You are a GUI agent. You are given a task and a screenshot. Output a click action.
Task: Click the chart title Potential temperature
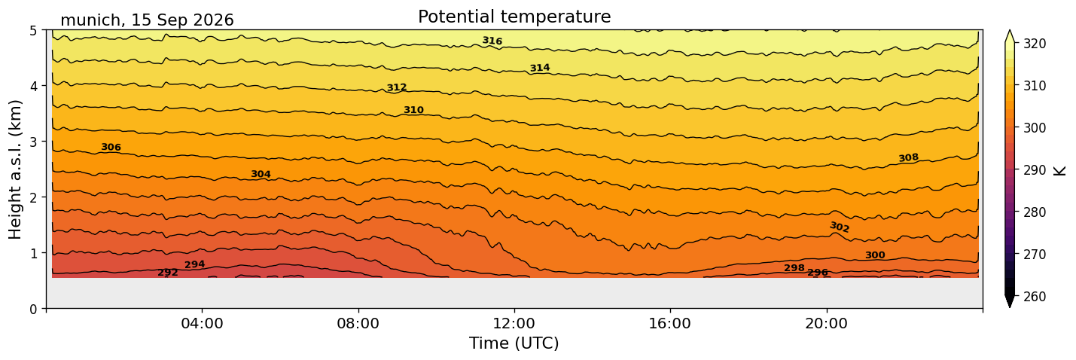click(x=514, y=17)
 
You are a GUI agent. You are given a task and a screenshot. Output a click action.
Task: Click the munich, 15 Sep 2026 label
click(x=147, y=20)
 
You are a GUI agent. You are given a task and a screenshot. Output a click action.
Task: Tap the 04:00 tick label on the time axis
click(x=203, y=323)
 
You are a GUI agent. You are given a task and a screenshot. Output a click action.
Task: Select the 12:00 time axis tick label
click(x=514, y=323)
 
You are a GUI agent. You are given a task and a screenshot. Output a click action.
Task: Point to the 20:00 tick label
click(x=826, y=323)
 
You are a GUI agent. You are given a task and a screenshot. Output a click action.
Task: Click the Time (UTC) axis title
click(x=514, y=343)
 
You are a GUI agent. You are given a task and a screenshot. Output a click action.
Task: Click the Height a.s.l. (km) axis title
click(x=15, y=169)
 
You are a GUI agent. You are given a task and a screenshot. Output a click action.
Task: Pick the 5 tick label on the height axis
click(x=33, y=31)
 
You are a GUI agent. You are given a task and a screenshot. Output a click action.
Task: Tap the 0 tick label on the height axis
click(x=33, y=309)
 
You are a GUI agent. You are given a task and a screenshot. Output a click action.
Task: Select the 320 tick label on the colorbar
click(x=1035, y=44)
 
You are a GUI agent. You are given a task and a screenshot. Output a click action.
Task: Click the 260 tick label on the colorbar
click(x=1035, y=297)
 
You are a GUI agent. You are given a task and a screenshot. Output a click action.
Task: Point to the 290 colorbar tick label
click(x=1035, y=170)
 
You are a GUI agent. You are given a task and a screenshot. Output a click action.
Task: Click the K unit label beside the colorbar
click(x=1059, y=171)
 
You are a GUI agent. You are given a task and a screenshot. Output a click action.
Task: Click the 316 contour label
click(x=492, y=41)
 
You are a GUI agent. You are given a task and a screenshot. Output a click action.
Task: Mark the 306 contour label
click(x=111, y=147)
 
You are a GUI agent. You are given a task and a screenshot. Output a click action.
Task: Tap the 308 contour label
click(x=908, y=157)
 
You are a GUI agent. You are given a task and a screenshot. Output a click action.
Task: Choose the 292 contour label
click(x=168, y=273)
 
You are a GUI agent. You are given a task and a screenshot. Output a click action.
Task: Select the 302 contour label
click(x=840, y=227)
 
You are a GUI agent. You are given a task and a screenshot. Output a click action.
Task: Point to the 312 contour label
click(x=397, y=87)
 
